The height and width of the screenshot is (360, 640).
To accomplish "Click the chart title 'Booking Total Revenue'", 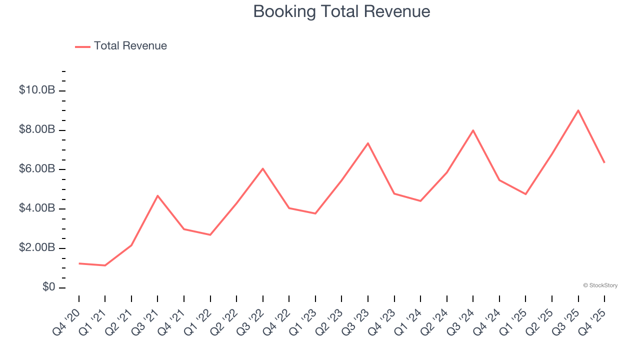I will point(341,11).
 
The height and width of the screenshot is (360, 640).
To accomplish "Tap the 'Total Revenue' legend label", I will point(130,46).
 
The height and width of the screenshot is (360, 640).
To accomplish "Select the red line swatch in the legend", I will point(82,46).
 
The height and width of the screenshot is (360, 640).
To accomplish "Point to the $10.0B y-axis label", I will point(37,90).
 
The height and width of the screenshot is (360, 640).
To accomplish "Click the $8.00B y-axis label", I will point(37,130).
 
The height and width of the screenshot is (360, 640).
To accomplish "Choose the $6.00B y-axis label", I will point(37,169).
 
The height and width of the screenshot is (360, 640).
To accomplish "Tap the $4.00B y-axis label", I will point(37,208).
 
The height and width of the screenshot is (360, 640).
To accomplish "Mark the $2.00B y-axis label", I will point(37,248).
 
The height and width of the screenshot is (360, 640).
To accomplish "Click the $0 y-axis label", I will point(48,287).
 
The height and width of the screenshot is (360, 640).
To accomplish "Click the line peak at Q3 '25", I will point(578,110).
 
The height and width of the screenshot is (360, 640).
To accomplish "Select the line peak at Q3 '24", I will point(473,130).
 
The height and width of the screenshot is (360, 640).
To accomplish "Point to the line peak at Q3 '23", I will point(368,143).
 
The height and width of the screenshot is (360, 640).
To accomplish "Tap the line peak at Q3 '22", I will point(263,168).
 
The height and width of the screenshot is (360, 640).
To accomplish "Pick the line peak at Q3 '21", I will point(157,195).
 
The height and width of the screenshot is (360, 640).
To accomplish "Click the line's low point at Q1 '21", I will point(105,265).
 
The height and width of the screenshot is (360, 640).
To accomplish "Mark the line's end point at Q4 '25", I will point(604,162).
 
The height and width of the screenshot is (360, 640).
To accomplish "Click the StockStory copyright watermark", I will point(600,285).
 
